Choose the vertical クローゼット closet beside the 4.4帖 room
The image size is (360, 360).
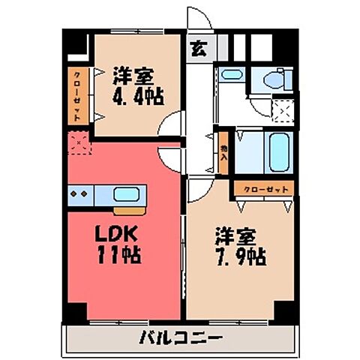77,96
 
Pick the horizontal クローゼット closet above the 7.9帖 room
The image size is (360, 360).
262,190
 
